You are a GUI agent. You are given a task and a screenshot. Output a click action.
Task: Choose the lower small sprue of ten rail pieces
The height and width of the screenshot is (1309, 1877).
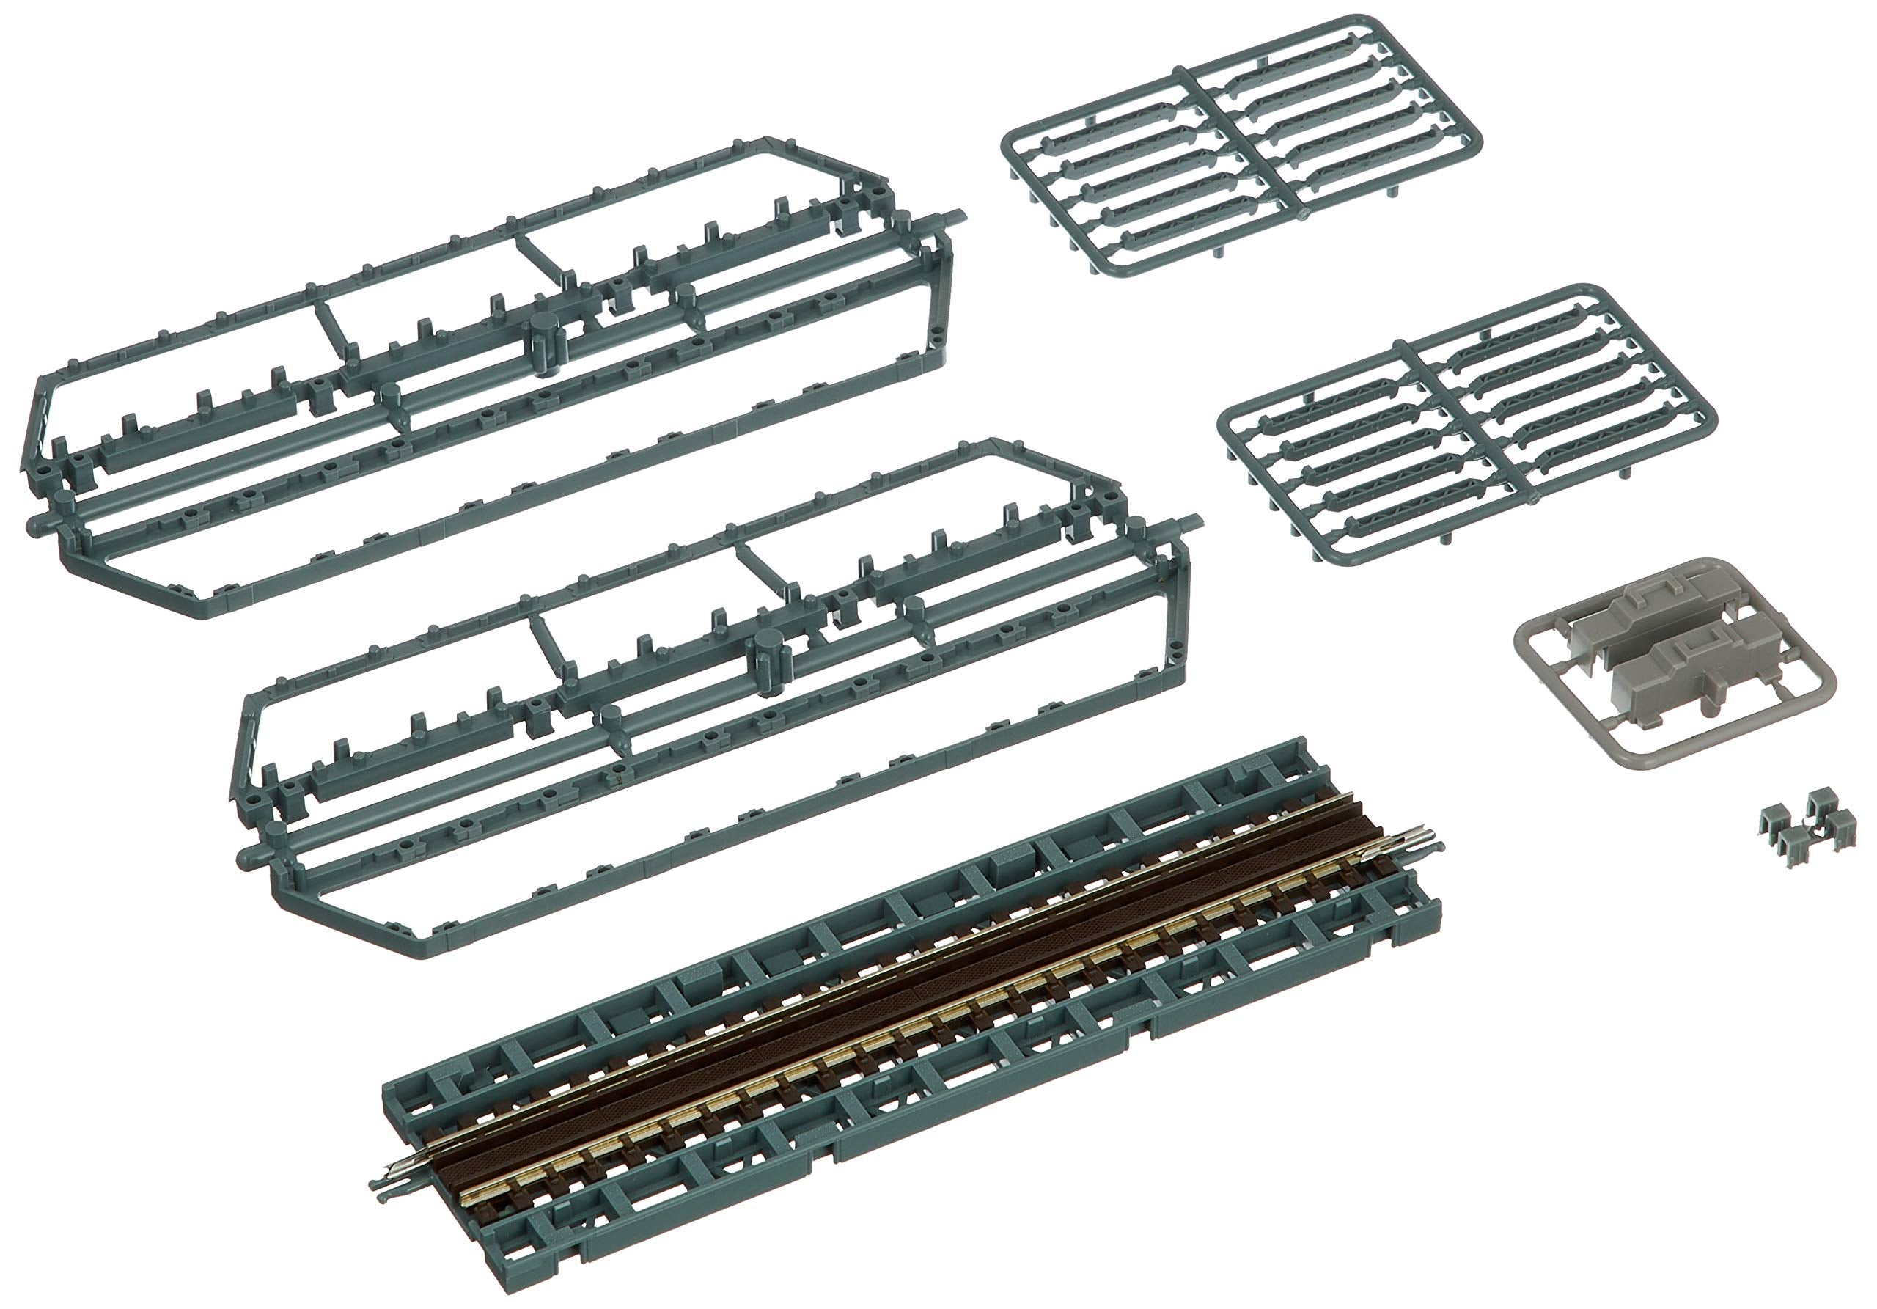click(x=1467, y=425)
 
